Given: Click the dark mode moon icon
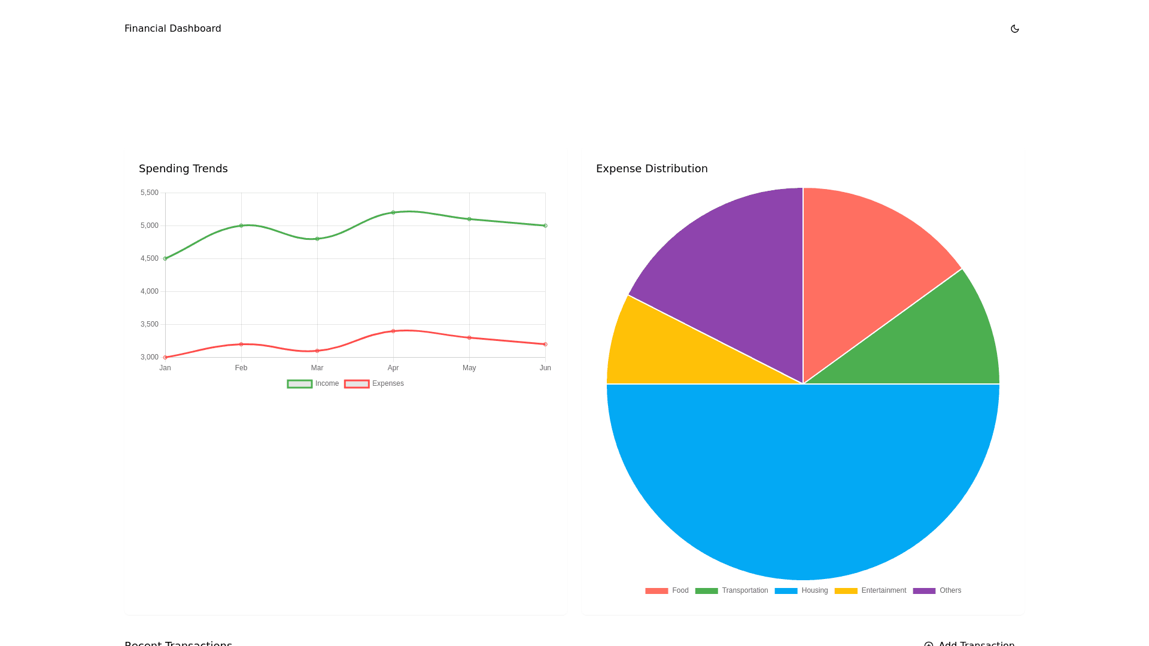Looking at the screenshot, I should coord(1014,29).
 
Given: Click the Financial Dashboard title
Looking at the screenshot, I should coord(172,29).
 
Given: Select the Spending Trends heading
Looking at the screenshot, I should coord(183,169).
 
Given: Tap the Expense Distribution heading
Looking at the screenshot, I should coord(652,169).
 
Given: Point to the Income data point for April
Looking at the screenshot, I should coord(393,212).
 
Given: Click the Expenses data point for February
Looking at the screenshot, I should coord(241,345).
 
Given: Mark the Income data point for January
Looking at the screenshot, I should coord(165,258).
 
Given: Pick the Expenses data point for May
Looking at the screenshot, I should coord(469,338).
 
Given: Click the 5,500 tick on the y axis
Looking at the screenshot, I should coord(150,193).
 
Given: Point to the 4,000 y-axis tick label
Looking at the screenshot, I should coord(150,291).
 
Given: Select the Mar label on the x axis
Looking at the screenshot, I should coord(317,368).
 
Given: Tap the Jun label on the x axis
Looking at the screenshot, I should coord(545,368).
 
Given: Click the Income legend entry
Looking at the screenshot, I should coord(313,383).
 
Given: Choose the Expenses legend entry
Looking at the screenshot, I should coord(374,383).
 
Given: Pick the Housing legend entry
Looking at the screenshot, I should coord(801,590).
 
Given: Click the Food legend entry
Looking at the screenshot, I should coord(667,590).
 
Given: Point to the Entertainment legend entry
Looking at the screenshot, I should coord(870,590).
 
